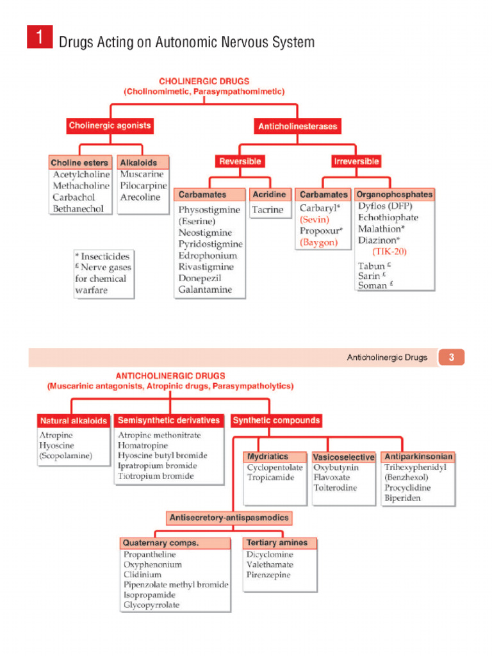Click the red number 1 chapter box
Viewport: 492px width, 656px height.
coord(39,37)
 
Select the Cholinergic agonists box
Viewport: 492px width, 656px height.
coord(110,126)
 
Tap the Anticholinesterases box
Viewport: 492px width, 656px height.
coord(297,127)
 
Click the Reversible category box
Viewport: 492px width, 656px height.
coord(240,161)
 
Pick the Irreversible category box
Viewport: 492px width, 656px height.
coord(356,161)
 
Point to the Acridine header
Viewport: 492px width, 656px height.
coord(269,194)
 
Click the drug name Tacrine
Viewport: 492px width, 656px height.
coord(267,210)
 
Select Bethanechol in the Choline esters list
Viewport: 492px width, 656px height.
coord(78,209)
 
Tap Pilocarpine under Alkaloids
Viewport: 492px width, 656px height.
coord(142,186)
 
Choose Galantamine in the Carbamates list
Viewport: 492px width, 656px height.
coord(205,290)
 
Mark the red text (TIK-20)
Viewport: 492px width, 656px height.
coord(389,252)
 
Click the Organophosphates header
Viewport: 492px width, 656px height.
coord(394,194)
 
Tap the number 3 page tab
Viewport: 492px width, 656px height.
coord(451,357)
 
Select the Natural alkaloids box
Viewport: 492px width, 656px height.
coord(74,421)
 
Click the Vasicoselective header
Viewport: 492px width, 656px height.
coord(343,457)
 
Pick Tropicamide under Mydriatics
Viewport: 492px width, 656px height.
coord(271,478)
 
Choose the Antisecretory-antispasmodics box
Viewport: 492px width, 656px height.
coord(229,518)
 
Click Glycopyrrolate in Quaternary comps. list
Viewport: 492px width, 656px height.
coord(152,605)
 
